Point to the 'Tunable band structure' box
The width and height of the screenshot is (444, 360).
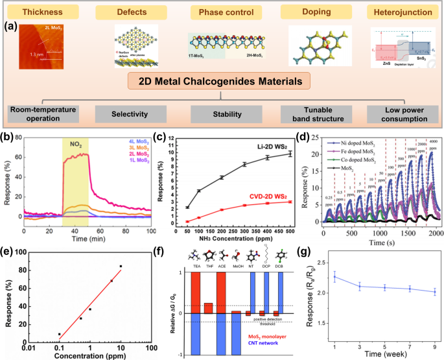point(310,115)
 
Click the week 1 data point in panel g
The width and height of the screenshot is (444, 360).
point(352,277)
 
